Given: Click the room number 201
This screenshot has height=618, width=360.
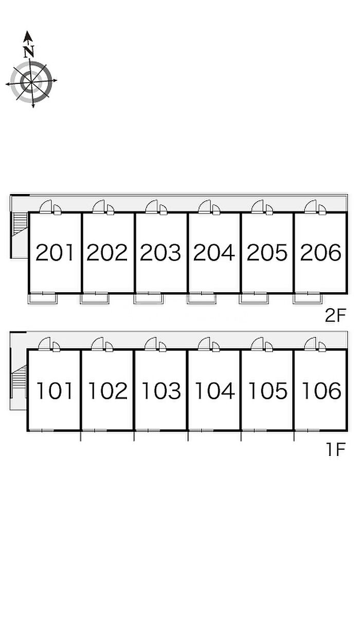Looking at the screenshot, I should point(55,253).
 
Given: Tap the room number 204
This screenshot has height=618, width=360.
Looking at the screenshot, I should point(214,253).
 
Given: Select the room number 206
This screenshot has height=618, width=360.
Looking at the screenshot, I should point(320,253).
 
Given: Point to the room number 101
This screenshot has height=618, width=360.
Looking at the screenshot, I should point(55,391).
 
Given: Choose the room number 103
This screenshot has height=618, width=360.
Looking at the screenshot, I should point(161,391).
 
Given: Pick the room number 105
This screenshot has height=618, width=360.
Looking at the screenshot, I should point(267,391).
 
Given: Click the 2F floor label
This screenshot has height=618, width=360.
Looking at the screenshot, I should point(337,314).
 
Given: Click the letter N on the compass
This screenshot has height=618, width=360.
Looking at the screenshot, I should point(29,51).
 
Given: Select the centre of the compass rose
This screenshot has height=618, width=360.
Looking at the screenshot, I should point(31,81).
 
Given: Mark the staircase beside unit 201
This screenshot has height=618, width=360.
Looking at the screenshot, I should point(20,223).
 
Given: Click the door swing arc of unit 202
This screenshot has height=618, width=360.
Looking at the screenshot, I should point(99,206).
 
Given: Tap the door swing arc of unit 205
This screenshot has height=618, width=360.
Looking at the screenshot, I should point(258,206).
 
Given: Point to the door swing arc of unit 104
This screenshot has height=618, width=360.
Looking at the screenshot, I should point(204,344).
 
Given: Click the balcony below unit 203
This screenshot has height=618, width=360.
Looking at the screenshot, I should point(148,298).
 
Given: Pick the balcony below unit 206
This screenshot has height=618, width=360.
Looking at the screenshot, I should point(307,298).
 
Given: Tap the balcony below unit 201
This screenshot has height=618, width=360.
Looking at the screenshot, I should point(42,298).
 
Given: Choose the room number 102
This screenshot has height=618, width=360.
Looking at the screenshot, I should point(107,391).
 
